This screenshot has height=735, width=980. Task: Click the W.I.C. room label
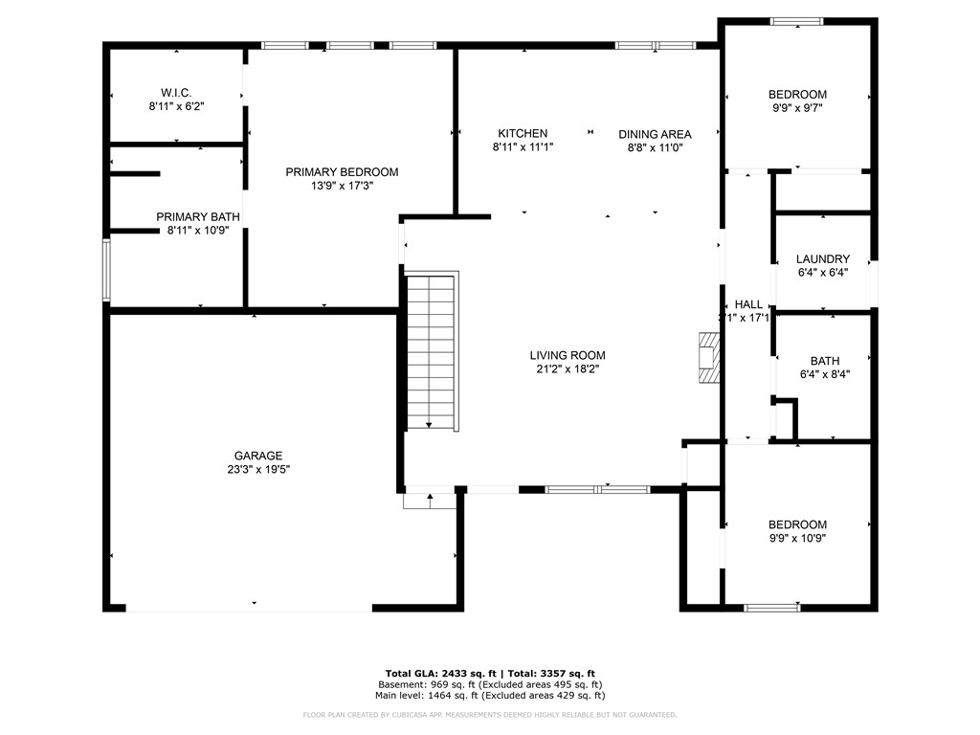click(x=176, y=92)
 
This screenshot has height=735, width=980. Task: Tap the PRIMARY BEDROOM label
click(x=342, y=172)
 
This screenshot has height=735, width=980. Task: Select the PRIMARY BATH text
click(x=198, y=217)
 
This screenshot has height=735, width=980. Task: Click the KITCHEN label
click(x=523, y=133)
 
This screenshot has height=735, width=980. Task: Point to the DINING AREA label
click(x=655, y=134)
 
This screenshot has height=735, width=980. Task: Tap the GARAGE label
click(x=258, y=456)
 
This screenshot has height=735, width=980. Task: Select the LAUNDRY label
click(x=823, y=258)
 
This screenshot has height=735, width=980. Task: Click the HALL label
click(x=748, y=304)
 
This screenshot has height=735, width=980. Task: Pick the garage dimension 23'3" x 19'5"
click(x=258, y=470)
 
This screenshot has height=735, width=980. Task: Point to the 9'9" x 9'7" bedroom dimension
click(x=797, y=108)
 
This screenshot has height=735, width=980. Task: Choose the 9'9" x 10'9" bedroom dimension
click(x=797, y=538)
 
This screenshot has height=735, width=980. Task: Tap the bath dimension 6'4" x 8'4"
click(x=824, y=374)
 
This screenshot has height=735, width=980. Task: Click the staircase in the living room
click(x=433, y=351)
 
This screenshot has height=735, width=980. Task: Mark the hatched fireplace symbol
click(x=708, y=358)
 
